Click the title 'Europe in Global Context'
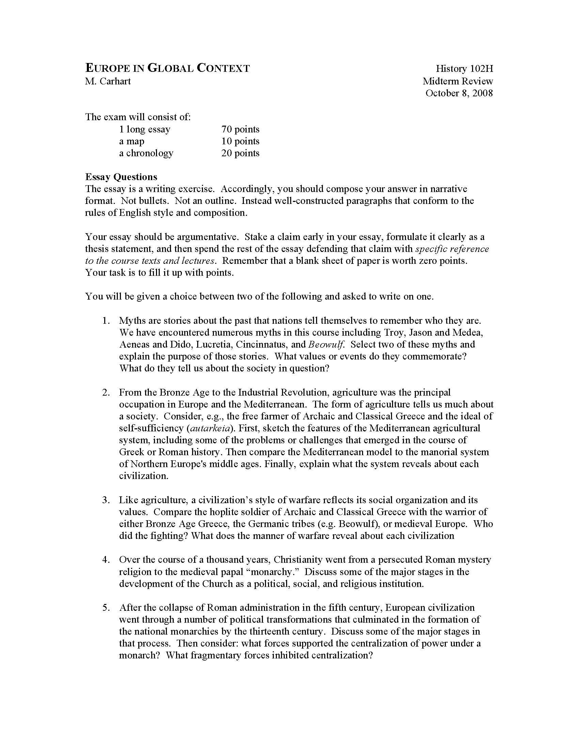pos(167,68)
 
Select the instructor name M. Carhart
pos(108,81)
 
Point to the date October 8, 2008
pos(459,93)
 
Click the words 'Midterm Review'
pos(457,81)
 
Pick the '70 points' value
pos(240,129)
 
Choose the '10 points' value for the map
pos(240,141)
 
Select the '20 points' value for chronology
pos(240,153)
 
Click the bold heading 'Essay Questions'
pos(121,177)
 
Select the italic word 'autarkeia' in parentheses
pos(209,428)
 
